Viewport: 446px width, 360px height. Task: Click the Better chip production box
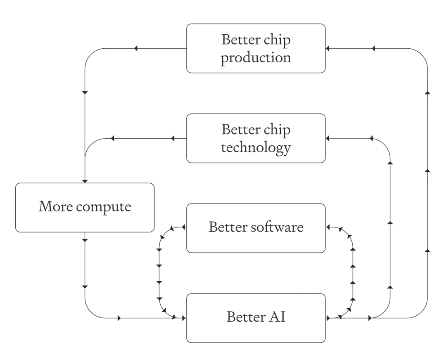point(256,48)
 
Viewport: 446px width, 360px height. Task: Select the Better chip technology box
point(256,138)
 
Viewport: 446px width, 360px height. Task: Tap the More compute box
point(85,208)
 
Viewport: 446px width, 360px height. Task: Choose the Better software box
point(256,228)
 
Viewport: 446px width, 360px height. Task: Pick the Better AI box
point(256,318)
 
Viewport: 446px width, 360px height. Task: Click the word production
point(256,58)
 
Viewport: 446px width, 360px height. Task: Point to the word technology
point(256,148)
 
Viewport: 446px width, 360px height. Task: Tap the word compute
point(104,207)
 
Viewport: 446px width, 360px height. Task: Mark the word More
point(55,206)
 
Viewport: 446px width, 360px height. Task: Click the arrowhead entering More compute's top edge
point(85,181)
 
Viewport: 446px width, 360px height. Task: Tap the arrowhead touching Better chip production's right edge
point(327,48)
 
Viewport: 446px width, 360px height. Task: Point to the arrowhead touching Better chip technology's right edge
point(327,138)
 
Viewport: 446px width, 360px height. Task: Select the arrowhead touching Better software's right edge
point(327,227)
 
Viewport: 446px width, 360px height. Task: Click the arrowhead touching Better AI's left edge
point(184,318)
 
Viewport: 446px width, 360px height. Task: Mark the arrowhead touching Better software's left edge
point(184,227)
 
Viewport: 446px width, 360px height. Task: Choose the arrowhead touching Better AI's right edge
point(328,318)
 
